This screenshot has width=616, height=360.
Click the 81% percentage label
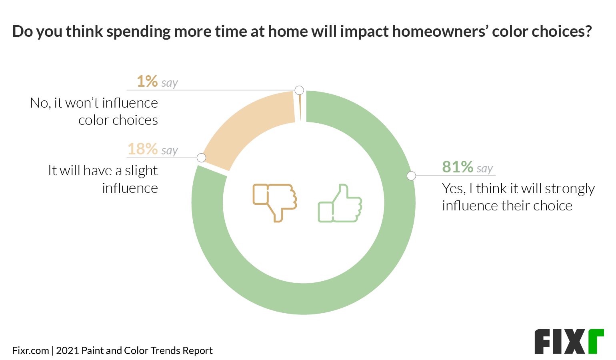tap(458, 167)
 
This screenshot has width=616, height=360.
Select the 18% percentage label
tap(142, 149)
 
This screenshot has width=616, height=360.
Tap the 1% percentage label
tap(147, 81)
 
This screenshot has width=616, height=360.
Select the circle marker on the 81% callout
tap(411, 176)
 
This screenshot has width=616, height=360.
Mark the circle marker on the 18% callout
tap(202, 158)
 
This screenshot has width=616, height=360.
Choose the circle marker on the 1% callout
tap(299, 90)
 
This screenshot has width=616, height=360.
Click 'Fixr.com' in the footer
tap(30, 351)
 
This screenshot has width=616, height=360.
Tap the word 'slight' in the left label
tap(141, 171)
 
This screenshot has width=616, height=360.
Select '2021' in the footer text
tap(67, 351)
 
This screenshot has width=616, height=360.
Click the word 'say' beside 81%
tap(484, 168)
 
